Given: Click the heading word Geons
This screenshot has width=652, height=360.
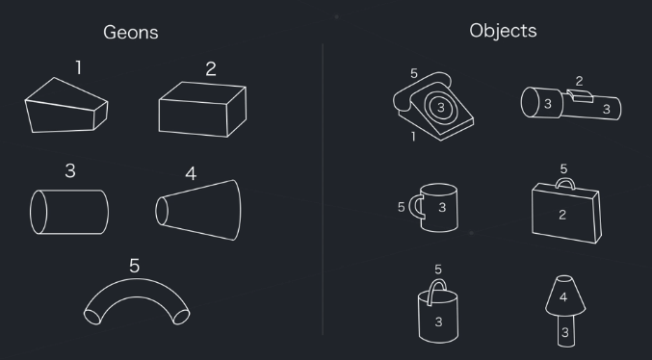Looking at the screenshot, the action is tap(131, 33).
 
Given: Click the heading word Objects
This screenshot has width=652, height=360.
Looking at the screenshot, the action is tap(503, 31).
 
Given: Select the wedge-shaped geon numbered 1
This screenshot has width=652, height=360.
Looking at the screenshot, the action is tap(66, 105).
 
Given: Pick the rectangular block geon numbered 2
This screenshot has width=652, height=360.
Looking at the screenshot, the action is tap(202, 110).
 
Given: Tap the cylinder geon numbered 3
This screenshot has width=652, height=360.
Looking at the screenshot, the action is tap(69, 212).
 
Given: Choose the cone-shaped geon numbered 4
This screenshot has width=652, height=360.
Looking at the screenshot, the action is tap(198, 210).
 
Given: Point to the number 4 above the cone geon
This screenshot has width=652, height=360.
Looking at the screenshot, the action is tap(191, 174).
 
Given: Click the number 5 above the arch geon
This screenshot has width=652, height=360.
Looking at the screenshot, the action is tap(134, 266).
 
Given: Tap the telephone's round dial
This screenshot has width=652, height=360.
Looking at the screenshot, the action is tap(441, 107).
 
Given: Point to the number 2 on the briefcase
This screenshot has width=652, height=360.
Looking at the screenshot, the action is tap(562, 215).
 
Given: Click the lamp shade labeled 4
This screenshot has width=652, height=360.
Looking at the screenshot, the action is tap(565, 296).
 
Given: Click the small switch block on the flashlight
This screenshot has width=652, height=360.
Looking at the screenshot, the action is tap(580, 96).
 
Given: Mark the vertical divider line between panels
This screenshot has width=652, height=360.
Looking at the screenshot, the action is tap(323, 190).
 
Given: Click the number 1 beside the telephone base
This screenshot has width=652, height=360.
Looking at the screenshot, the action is tap(413, 137).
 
